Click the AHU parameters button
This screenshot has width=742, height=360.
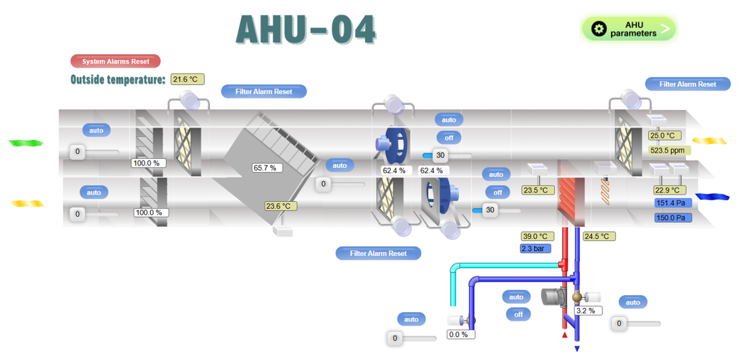(629, 29)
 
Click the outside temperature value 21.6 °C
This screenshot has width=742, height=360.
(187, 80)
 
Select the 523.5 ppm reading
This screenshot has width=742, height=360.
(667, 151)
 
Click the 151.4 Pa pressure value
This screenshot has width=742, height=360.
(672, 203)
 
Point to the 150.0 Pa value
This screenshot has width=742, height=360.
(672, 217)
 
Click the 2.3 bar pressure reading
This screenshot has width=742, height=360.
(535, 249)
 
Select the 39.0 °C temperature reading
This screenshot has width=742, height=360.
(537, 236)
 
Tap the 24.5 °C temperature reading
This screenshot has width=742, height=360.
(598, 236)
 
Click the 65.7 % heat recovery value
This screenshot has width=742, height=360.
(267, 168)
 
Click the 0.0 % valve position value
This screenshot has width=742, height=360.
(461, 334)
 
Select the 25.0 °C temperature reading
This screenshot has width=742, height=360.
(666, 136)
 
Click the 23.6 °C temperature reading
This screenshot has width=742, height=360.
(280, 206)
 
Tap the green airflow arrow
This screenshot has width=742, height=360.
(26, 143)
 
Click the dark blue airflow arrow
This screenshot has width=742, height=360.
(712, 197)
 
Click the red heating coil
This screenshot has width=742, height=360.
(571, 201)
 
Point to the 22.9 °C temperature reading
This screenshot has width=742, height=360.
(670, 190)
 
